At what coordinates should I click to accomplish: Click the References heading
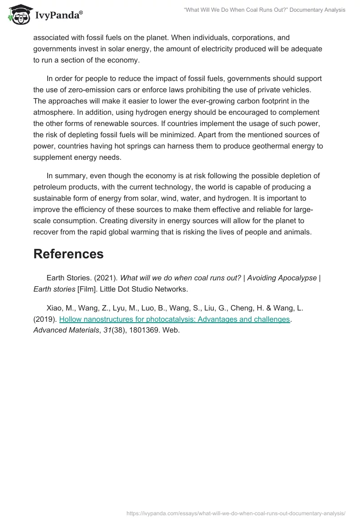click(x=68, y=254)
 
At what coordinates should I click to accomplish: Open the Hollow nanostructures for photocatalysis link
click(x=174, y=319)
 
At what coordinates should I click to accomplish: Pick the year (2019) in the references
click(x=45, y=319)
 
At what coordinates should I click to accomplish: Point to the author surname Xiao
click(x=55, y=308)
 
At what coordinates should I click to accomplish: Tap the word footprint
click(x=267, y=101)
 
